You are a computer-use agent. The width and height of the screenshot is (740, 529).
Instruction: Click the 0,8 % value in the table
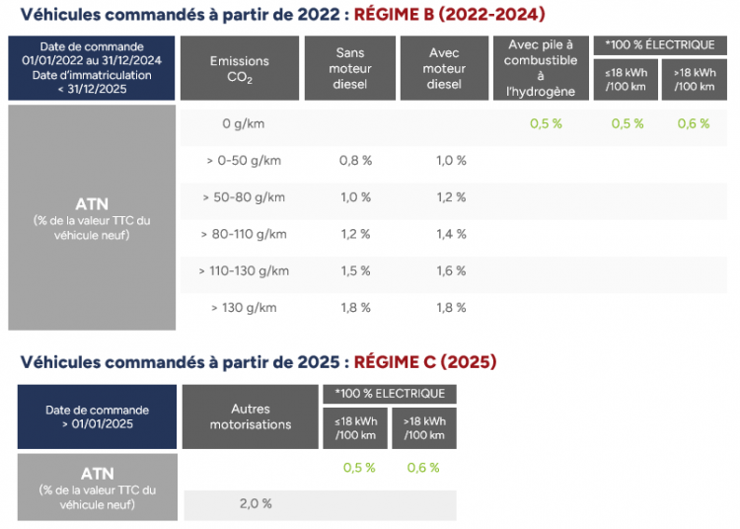355,161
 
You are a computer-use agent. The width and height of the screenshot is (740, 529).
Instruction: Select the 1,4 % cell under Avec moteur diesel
450,234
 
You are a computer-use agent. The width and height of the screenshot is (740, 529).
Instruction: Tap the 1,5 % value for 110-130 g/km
355,270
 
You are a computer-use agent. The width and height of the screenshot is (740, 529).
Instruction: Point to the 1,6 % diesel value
450,270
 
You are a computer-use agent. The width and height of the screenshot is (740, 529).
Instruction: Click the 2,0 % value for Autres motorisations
255,503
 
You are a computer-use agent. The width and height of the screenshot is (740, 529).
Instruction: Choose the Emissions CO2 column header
239,69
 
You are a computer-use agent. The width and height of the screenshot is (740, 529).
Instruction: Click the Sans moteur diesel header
350,69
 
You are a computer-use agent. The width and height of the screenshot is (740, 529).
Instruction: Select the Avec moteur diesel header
444,69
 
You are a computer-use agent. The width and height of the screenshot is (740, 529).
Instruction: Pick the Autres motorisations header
251,416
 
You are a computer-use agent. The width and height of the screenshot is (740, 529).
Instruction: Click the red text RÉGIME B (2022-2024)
449,15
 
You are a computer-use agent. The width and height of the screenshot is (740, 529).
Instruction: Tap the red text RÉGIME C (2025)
425,362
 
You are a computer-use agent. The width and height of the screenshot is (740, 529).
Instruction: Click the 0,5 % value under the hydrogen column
546,124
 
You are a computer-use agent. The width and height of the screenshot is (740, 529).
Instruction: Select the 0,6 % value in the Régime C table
423,468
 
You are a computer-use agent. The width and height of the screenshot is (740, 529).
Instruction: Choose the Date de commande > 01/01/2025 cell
97,416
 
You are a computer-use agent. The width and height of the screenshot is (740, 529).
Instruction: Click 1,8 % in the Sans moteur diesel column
355,307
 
